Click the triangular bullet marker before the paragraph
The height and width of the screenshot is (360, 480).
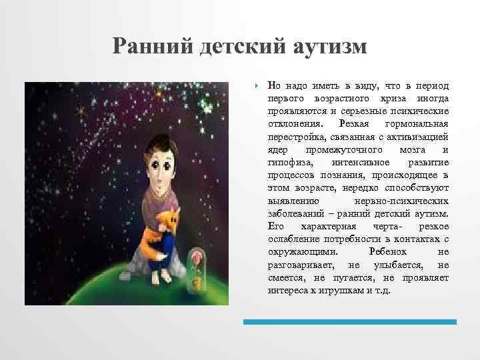point(256,86)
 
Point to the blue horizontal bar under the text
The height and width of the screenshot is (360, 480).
point(349,321)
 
